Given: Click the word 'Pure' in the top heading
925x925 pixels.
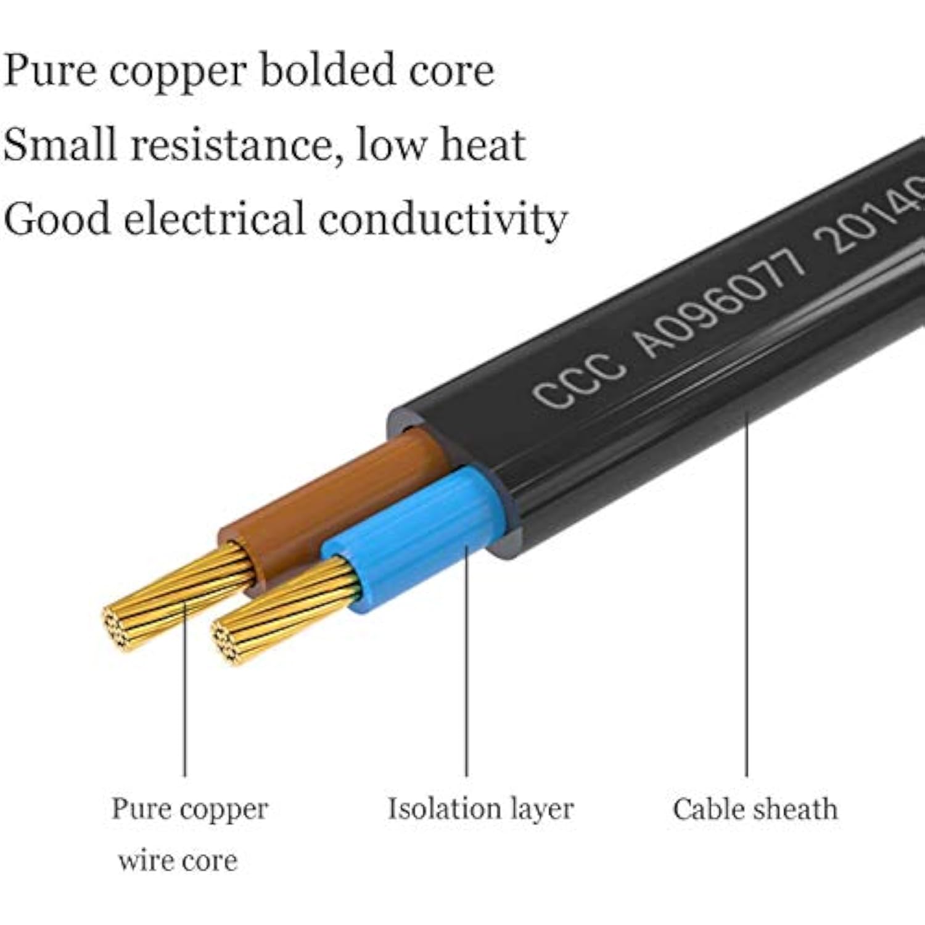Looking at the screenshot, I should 50,71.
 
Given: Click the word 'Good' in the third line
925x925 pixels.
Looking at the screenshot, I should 57,219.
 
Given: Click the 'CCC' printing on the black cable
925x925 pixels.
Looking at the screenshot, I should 578,380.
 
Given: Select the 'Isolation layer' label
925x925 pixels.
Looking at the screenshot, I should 480,808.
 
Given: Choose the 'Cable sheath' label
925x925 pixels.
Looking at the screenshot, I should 755,809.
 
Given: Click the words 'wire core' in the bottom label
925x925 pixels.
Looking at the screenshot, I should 178,861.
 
